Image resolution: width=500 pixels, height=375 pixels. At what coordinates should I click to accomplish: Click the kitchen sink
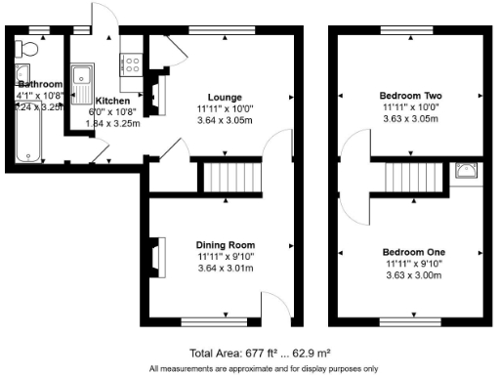point(86,71)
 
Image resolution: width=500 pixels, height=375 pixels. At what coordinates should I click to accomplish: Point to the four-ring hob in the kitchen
point(130,63)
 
